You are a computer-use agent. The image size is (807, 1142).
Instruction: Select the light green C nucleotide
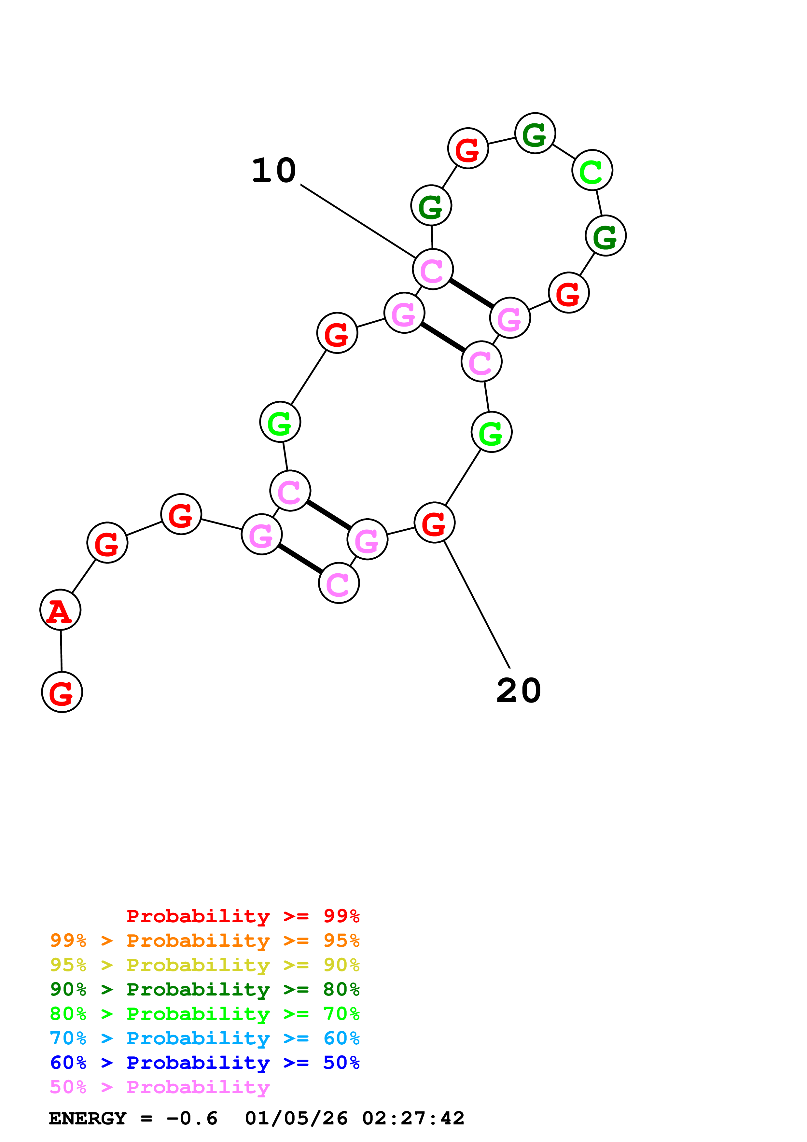click(592, 170)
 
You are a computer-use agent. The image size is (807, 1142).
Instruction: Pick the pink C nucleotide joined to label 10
click(433, 269)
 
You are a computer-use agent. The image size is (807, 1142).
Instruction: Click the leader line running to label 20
click(476, 604)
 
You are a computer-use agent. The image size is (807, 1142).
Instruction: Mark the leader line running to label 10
click(358, 221)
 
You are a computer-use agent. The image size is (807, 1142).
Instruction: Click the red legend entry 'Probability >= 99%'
click(243, 916)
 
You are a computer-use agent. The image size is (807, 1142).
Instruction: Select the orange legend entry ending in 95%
click(204, 940)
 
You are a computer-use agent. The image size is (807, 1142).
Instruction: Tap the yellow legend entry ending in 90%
click(204, 965)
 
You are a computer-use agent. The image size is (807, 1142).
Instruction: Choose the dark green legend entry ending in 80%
click(204, 989)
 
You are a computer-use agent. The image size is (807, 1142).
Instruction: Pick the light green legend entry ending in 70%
click(204, 1014)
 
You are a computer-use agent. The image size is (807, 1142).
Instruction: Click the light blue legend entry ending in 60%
click(204, 1038)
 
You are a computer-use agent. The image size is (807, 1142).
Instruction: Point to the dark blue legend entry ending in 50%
click(204, 1063)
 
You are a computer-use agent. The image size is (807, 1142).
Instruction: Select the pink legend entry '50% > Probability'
click(160, 1087)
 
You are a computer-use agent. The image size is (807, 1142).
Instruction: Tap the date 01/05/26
click(296, 1118)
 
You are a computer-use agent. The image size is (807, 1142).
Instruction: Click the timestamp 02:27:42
click(413, 1118)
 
